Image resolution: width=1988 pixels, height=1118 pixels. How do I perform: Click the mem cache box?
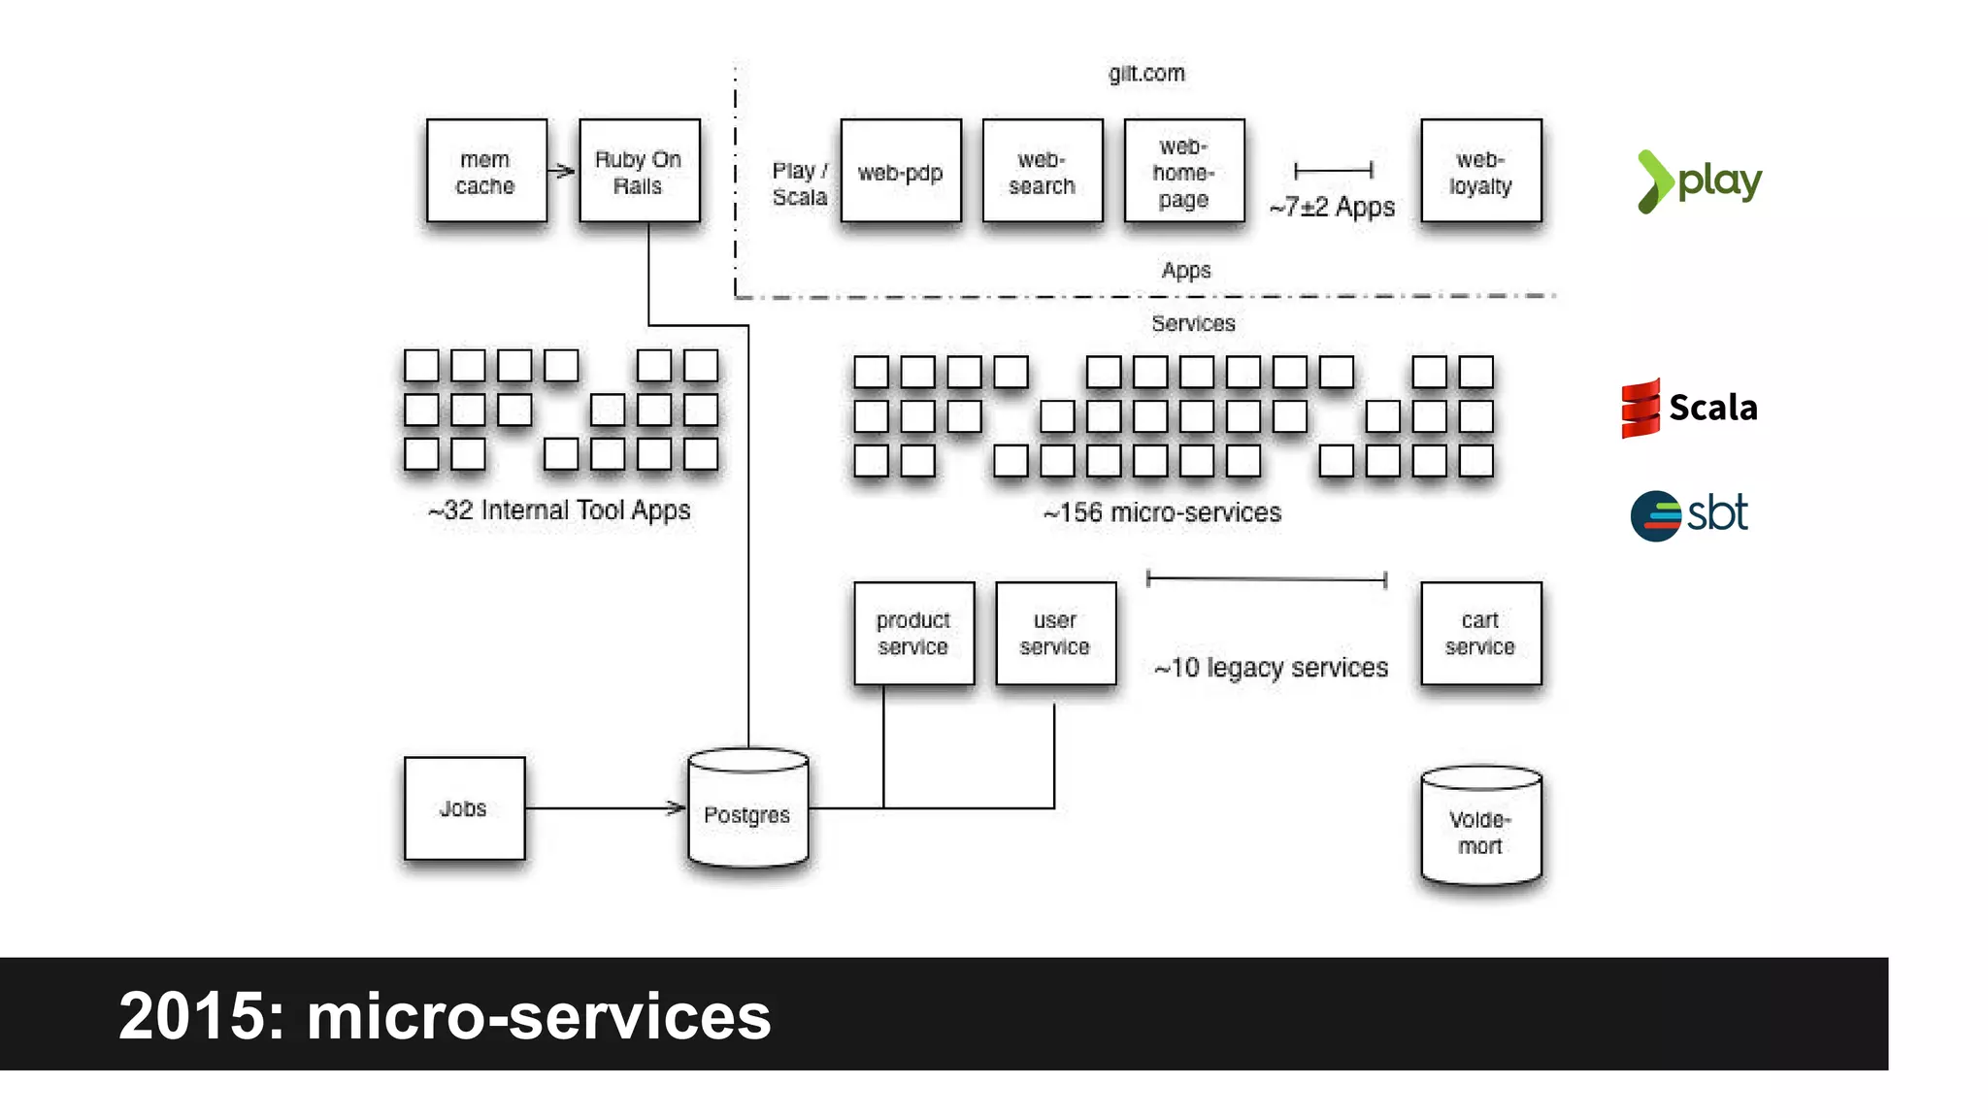click(486, 172)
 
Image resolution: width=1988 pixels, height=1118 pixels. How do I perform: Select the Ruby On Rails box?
click(639, 172)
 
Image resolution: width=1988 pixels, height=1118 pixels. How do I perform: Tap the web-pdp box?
click(901, 172)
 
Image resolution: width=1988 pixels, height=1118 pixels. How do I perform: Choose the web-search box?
click(1043, 172)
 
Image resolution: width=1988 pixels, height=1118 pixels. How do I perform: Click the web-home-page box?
click(1184, 172)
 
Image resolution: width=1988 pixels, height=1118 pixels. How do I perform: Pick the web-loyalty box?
click(1480, 172)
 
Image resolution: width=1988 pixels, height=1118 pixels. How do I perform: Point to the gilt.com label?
click(1146, 74)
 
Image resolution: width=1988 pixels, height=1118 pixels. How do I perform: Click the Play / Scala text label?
click(800, 183)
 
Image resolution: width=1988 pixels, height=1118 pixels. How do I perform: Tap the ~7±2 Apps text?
click(1332, 207)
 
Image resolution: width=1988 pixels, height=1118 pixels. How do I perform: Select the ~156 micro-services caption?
click(1162, 512)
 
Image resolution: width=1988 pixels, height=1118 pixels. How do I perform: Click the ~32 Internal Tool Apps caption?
click(560, 510)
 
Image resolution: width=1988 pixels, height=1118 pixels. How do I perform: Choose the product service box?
click(913, 633)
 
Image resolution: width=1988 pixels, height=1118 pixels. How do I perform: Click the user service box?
click(1055, 633)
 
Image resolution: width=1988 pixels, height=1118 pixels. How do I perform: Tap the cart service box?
click(1480, 633)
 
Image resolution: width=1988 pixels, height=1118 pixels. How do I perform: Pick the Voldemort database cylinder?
click(1480, 827)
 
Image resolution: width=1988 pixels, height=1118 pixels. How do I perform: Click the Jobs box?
click(464, 808)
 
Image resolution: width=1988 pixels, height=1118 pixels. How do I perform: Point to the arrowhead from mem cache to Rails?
click(567, 172)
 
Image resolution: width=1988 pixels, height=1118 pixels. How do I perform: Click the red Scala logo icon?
click(1640, 408)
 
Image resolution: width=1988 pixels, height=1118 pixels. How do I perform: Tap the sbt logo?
click(1690, 514)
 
